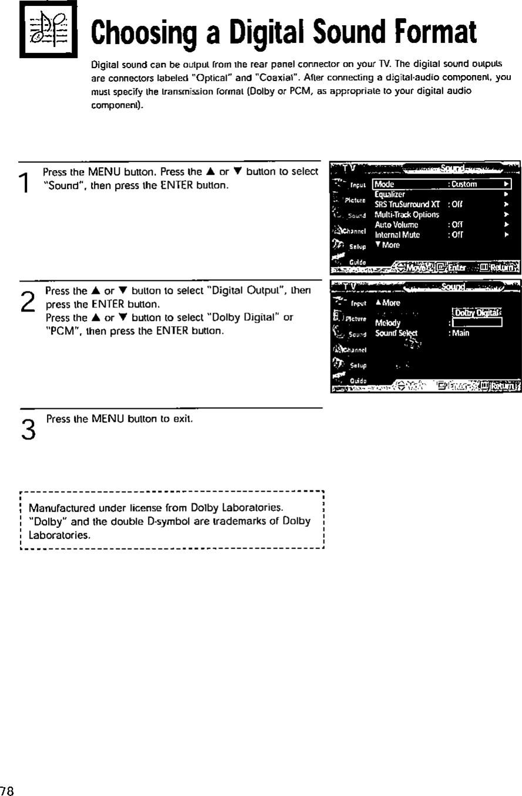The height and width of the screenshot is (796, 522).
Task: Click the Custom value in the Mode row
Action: (465, 184)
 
